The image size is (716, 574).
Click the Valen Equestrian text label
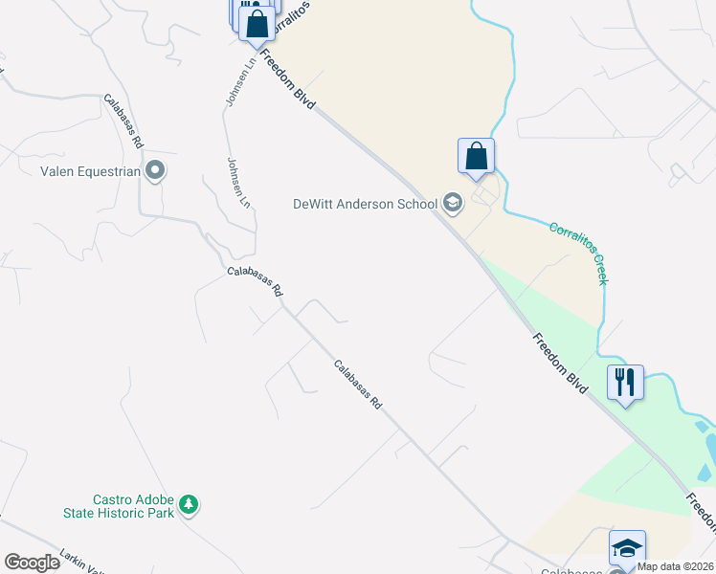click(x=90, y=172)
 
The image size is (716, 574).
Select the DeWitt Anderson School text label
click(x=365, y=203)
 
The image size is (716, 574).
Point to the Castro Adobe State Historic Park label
click(x=133, y=506)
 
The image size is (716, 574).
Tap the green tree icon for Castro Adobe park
click(x=190, y=504)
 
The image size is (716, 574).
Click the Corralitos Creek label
click(x=578, y=253)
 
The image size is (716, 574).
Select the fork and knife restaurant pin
click(x=625, y=383)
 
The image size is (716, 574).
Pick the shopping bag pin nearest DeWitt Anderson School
click(x=476, y=156)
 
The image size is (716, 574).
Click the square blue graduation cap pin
click(x=627, y=548)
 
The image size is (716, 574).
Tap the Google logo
click(x=32, y=563)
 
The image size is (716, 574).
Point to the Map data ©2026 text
click(x=676, y=566)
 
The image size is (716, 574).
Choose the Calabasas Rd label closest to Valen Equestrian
click(x=124, y=121)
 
